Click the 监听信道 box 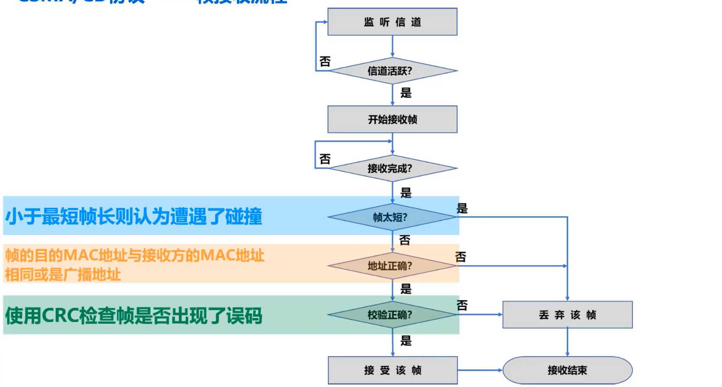click(392, 22)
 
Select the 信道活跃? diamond click(392, 71)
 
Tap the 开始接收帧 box click(392, 119)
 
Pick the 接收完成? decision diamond click(392, 168)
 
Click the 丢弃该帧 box click(567, 315)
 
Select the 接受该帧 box click(393, 370)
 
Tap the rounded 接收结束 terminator click(567, 370)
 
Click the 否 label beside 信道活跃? click(325, 61)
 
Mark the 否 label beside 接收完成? click(325, 159)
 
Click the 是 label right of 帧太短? click(462, 208)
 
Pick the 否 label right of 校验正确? click(462, 305)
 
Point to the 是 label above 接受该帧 click(406, 340)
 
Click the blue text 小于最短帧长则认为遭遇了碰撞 click(134, 216)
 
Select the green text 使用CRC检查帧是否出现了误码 click(134, 315)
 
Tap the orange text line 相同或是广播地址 click(63, 275)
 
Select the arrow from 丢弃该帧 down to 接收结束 click(567, 342)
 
